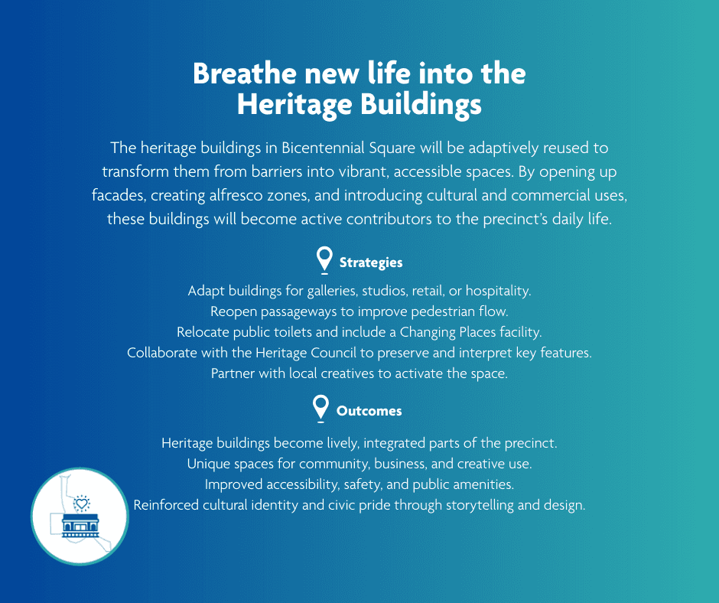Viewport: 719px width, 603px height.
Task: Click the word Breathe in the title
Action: point(245,73)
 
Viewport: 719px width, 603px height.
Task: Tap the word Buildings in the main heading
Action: point(421,105)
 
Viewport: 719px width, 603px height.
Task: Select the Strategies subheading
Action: point(371,262)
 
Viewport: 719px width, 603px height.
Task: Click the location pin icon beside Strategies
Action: point(324,259)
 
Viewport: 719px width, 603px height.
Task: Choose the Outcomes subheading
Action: point(369,411)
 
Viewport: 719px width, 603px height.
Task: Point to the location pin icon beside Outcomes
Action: point(321,408)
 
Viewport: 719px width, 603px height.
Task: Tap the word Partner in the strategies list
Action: point(233,373)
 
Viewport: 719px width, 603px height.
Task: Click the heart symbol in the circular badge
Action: point(82,504)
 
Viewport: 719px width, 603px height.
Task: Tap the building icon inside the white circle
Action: point(80,525)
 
